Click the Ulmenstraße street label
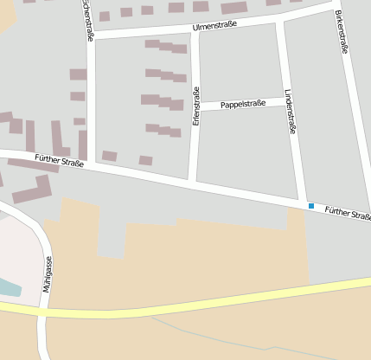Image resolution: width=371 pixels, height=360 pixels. click(214, 26)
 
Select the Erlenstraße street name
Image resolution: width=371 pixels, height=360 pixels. click(196, 107)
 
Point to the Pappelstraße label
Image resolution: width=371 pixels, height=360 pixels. click(242, 104)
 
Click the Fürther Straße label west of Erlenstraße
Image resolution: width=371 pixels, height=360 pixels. click(60, 161)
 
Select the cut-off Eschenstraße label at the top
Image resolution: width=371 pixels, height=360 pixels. click(87, 19)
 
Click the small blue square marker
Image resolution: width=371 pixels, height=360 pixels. click(311, 206)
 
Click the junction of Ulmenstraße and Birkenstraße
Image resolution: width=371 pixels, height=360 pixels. click(334, 6)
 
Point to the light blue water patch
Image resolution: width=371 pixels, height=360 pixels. click(7, 287)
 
